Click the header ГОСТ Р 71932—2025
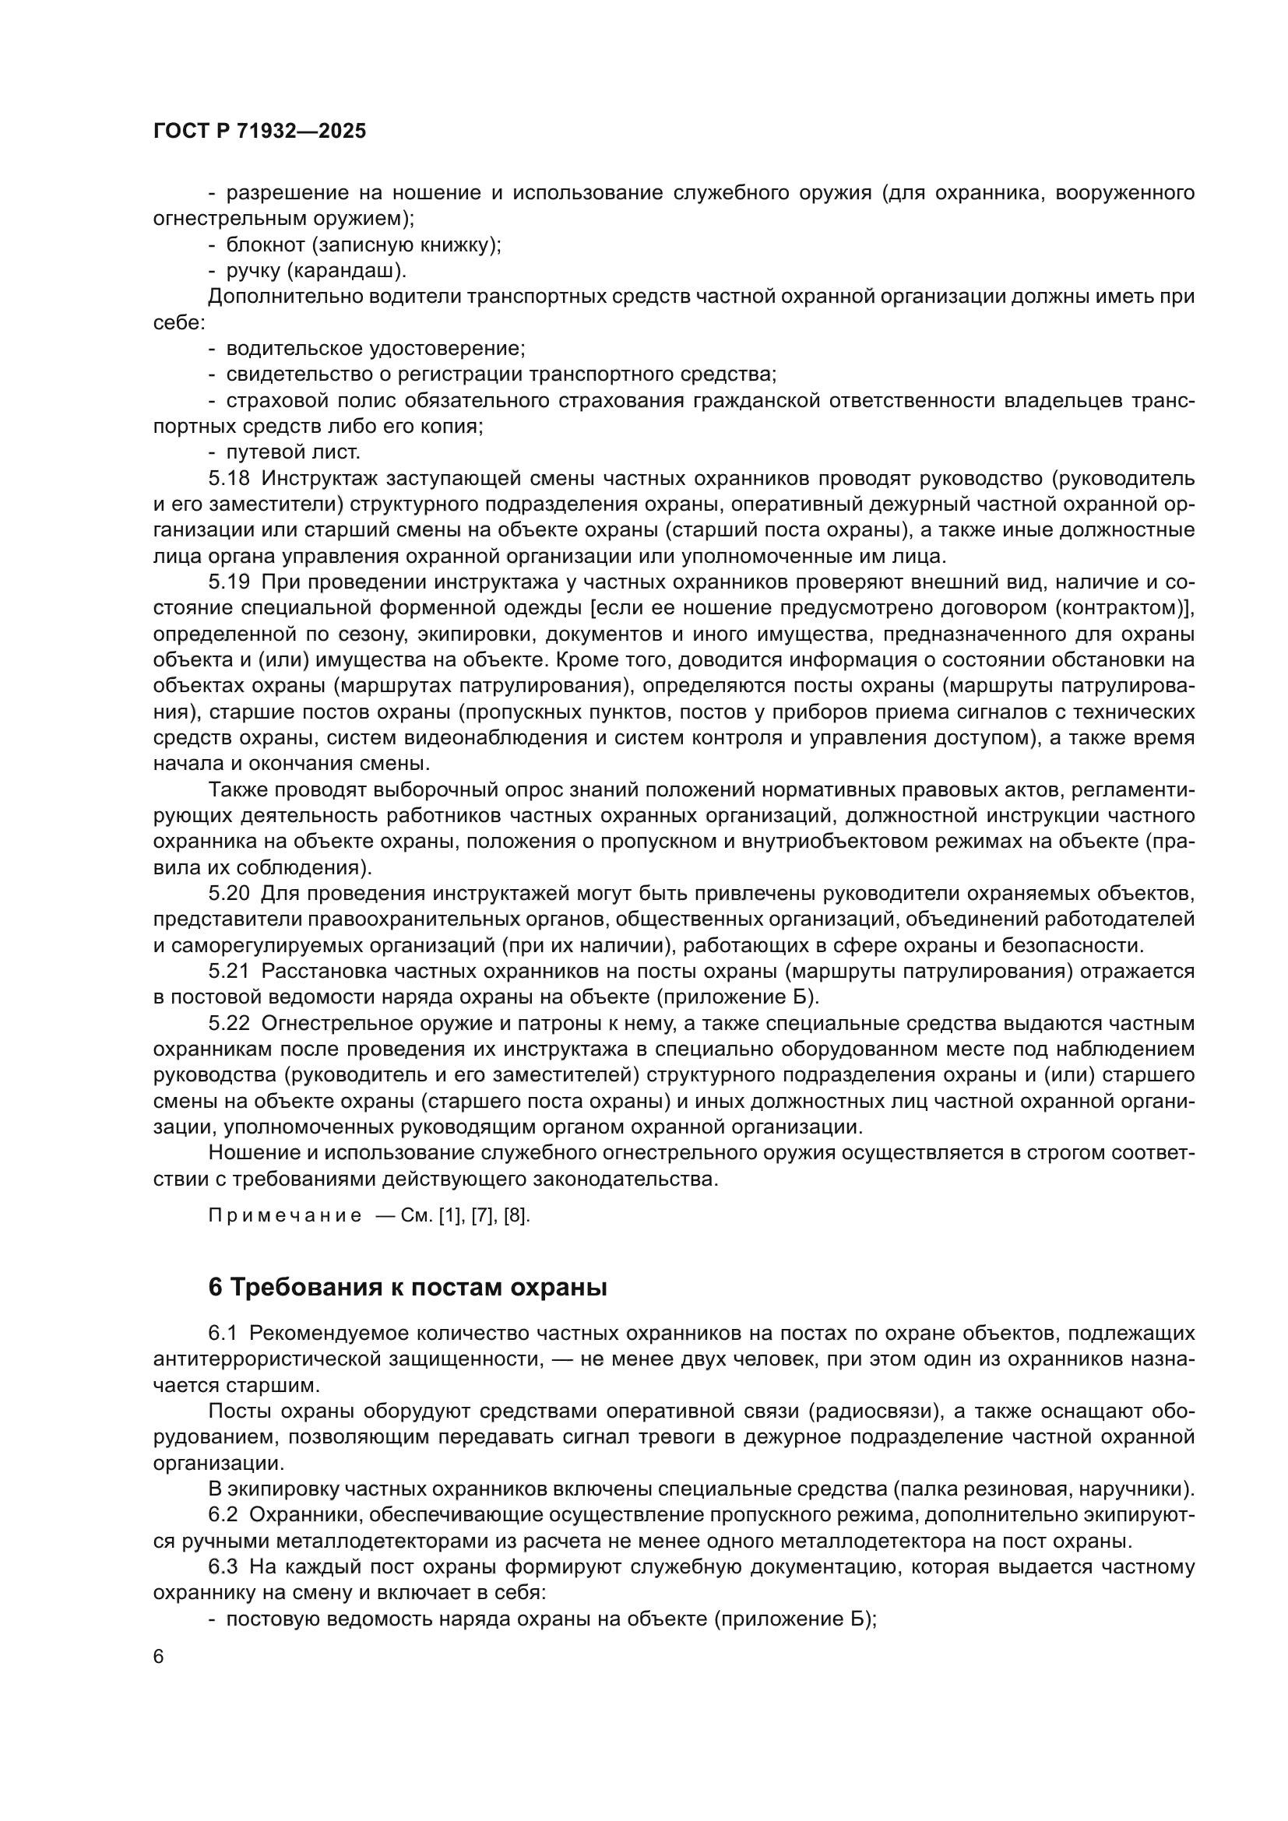tap(259, 132)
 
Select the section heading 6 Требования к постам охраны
tap(406, 1287)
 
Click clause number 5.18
tap(228, 478)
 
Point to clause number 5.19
tap(228, 582)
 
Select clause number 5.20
tap(228, 894)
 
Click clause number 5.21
tap(228, 972)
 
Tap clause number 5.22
tap(228, 1024)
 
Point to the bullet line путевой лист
tap(293, 452)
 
